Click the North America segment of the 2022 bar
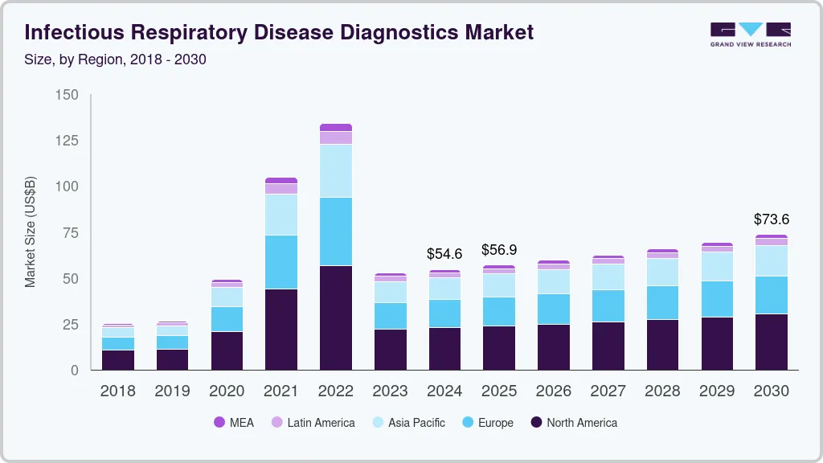336,318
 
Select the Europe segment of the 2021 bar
281,262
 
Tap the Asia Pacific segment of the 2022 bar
336,170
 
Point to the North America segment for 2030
771,342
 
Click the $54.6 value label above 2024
445,254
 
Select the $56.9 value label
499,250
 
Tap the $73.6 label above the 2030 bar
771,219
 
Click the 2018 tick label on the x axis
117,391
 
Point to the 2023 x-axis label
390,391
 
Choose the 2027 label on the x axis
608,391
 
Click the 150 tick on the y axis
67,96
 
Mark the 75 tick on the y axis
71,233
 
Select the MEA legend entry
234,423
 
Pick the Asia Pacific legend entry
407,423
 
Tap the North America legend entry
573,423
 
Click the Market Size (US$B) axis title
31,232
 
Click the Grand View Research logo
750,34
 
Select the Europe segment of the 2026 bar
553,309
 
